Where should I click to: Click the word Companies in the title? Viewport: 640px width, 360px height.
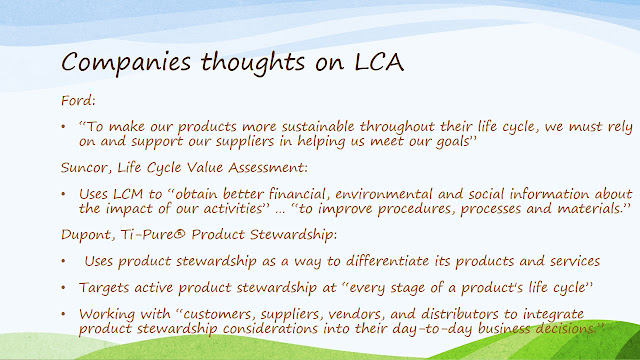pos(126,63)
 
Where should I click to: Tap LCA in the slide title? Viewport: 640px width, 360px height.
pos(379,62)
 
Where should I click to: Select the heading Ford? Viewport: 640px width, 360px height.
pos(78,100)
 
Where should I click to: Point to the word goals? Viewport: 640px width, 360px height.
pos(453,142)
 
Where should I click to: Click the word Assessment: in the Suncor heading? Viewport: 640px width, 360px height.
pos(268,167)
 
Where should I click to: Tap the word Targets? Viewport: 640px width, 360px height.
pos(104,288)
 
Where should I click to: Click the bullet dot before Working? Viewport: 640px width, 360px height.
pos(63,314)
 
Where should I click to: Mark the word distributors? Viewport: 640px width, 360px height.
pos(460,314)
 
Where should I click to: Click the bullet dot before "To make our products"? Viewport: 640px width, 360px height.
pos(63,127)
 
